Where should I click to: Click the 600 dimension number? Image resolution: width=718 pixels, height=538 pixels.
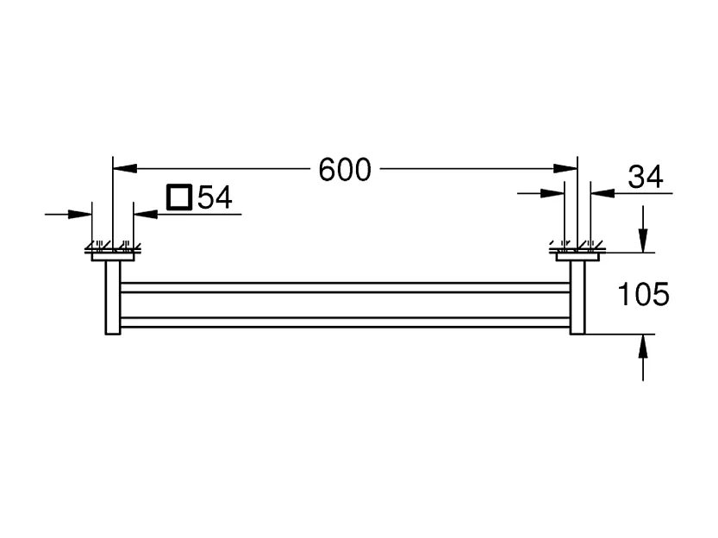pyautogui.click(x=345, y=170)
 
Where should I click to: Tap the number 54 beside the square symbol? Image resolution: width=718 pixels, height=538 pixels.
pyautogui.click(x=215, y=198)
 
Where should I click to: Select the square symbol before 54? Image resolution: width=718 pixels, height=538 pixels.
pyautogui.click(x=179, y=197)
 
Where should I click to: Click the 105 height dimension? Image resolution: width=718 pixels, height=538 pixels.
pyautogui.click(x=644, y=295)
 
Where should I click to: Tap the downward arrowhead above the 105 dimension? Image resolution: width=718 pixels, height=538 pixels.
pyautogui.click(x=643, y=241)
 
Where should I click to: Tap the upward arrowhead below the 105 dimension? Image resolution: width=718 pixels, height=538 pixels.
pyautogui.click(x=643, y=345)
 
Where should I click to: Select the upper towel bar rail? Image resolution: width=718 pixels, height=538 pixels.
pyautogui.click(x=345, y=287)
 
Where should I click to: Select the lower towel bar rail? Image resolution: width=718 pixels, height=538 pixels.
pyautogui.click(x=345, y=322)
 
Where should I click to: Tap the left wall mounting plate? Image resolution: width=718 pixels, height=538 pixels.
pyautogui.click(x=112, y=253)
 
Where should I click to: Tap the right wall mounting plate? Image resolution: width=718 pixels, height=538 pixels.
pyautogui.click(x=578, y=253)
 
